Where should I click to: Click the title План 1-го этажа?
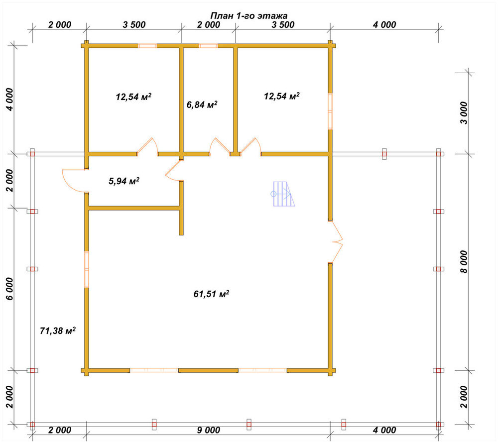[249, 15]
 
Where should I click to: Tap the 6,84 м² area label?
[202, 105]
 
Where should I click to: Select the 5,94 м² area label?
[124, 181]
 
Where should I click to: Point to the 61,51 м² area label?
[211, 294]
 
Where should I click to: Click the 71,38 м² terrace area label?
[57, 331]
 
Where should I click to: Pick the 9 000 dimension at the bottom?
[208, 430]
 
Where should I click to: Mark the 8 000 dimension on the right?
[464, 262]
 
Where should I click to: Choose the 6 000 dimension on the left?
[10, 289]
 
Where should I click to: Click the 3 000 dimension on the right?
[464, 113]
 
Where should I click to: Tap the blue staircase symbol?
[282, 194]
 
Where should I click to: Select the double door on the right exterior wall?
[336, 242]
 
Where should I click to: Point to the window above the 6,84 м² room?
[208, 46]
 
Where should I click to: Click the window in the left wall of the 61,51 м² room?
[86, 269]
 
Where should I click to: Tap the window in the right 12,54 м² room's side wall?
[330, 111]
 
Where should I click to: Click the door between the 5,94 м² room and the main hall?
[173, 170]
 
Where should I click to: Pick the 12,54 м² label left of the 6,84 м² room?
[133, 96]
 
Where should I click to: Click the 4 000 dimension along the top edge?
[384, 24]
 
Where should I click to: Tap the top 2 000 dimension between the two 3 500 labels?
[208, 24]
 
